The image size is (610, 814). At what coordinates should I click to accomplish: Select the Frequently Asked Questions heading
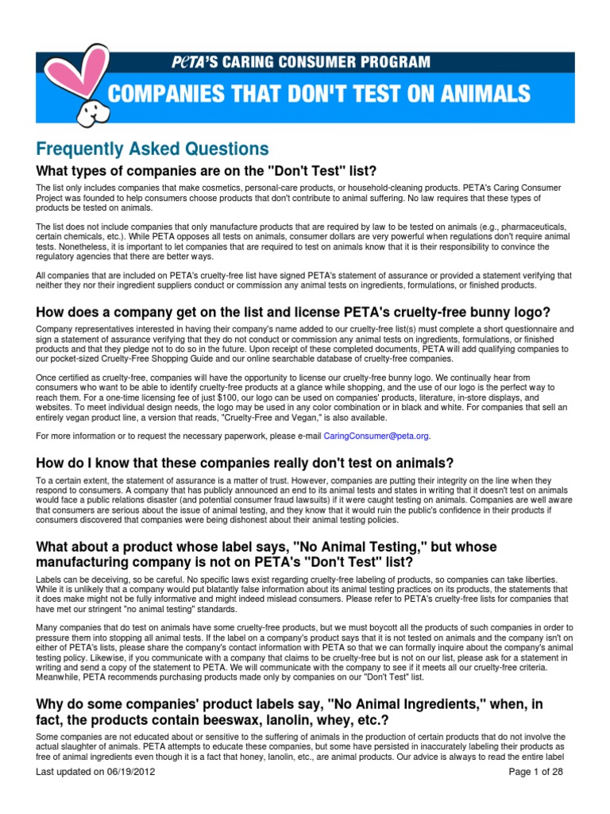pos(152,149)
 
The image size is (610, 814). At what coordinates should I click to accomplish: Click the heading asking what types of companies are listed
pos(195,171)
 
